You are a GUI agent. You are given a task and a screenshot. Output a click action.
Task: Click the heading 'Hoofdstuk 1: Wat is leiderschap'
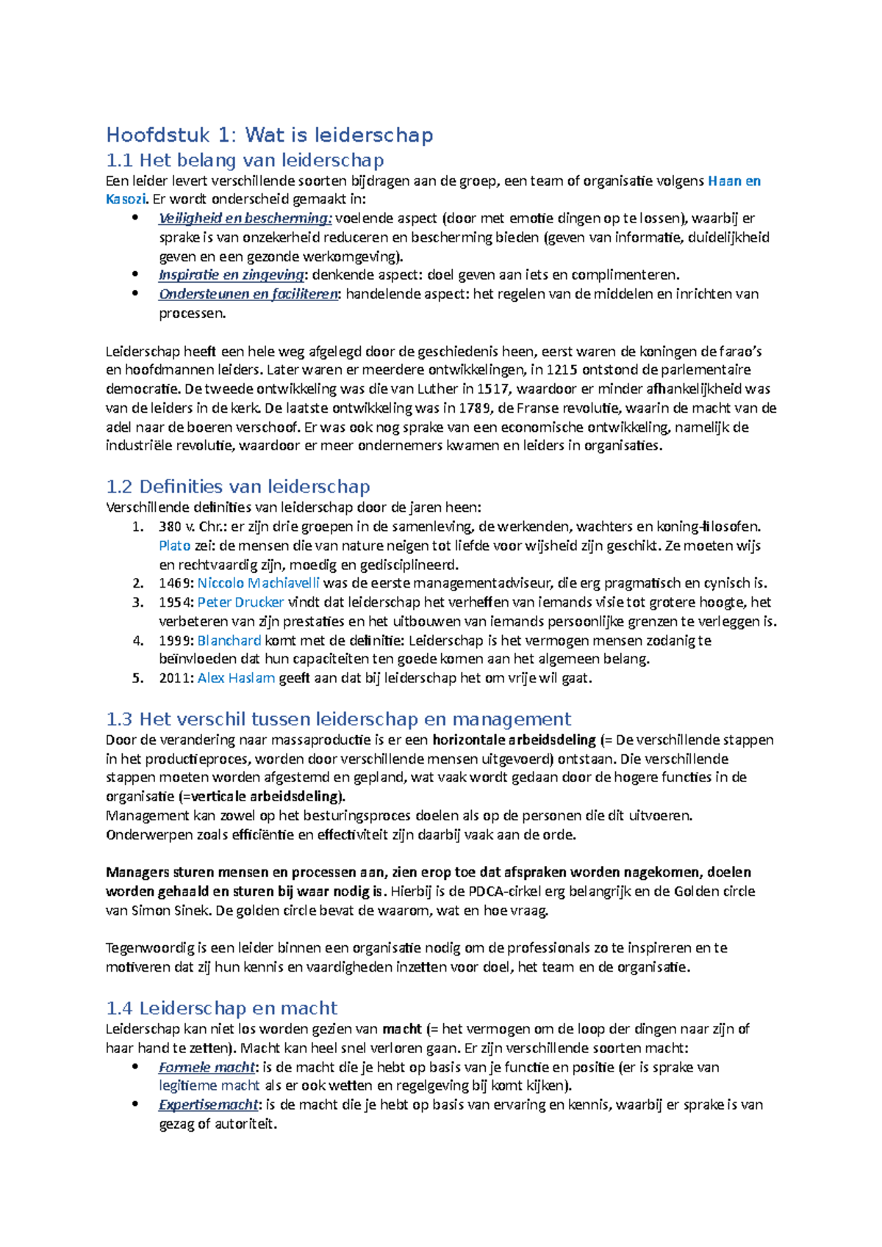coord(269,135)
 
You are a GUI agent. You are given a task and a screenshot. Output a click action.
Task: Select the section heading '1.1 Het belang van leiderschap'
coord(245,160)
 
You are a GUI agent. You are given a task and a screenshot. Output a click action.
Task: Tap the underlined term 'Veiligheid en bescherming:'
coord(245,218)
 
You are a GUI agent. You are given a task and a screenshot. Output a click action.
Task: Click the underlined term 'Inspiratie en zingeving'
coord(231,275)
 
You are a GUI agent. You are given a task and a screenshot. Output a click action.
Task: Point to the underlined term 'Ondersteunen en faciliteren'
coord(248,294)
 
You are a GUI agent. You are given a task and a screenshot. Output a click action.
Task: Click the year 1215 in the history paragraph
coord(562,370)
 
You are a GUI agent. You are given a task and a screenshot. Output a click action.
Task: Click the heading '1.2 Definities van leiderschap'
coord(237,487)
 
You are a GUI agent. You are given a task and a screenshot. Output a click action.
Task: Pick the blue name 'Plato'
coord(174,546)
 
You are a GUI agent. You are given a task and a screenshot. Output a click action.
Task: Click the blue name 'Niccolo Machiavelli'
coord(258,584)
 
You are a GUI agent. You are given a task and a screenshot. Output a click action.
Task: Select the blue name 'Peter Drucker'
coord(240,603)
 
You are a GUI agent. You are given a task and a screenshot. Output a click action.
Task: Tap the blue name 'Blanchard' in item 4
coord(229,640)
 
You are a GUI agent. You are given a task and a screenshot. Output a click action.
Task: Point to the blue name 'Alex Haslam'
coord(236,679)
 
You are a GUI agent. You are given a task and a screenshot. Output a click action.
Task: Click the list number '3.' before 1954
coord(138,603)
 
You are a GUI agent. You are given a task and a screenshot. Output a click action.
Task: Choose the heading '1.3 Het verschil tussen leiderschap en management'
coord(338,719)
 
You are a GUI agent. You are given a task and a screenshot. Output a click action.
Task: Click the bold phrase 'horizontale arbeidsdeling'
coord(514,740)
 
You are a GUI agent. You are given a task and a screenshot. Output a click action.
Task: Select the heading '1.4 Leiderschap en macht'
coord(221,1008)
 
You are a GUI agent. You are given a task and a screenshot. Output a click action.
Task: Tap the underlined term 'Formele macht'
coord(207,1067)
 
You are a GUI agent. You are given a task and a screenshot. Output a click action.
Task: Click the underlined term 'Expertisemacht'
coord(209,1105)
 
